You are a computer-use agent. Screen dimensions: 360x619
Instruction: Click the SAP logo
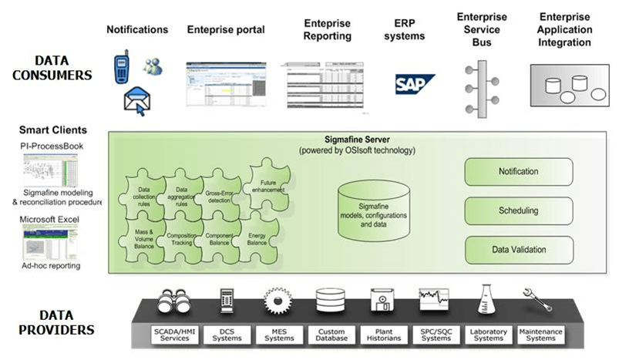point(415,84)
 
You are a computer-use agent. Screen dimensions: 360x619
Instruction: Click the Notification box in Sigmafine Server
point(518,171)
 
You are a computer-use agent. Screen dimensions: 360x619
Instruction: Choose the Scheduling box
point(518,210)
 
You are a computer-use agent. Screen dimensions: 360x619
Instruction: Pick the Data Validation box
point(518,250)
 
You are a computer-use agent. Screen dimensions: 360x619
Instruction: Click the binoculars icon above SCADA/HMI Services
point(171,300)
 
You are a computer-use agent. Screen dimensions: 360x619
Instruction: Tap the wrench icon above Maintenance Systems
point(537,298)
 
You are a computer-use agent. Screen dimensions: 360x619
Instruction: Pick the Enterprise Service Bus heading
point(481,29)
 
